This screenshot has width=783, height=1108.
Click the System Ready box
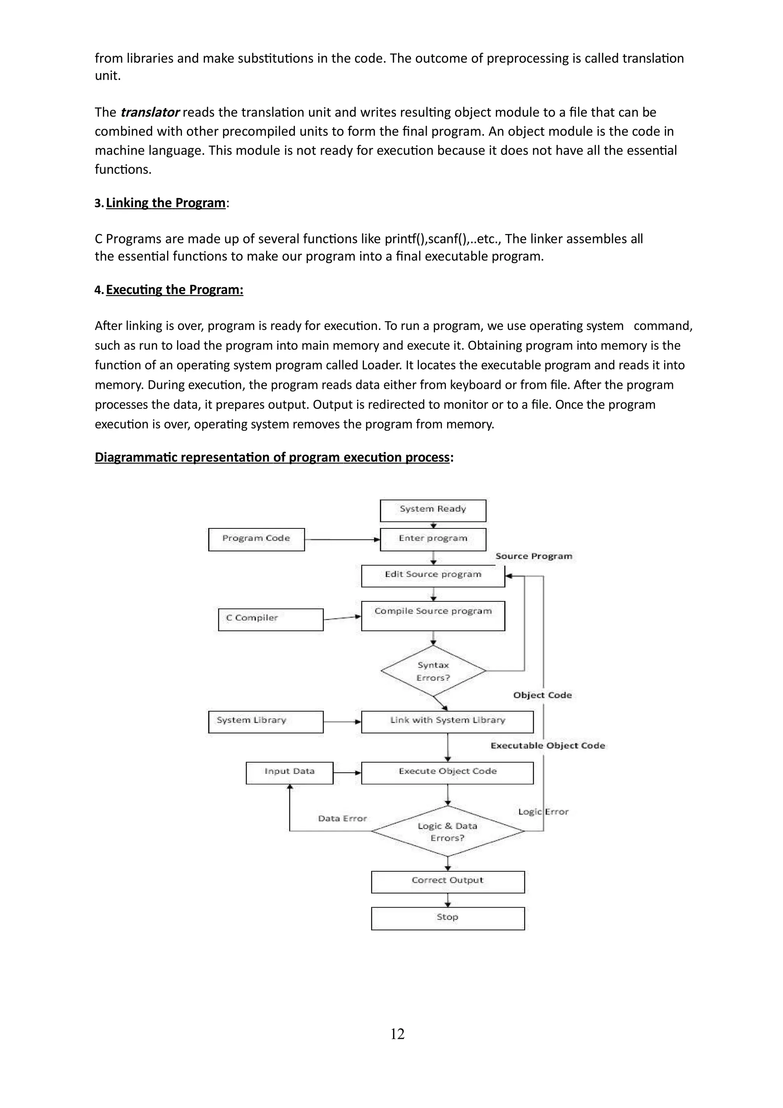click(x=433, y=510)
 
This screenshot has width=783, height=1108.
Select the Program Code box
click(x=256, y=539)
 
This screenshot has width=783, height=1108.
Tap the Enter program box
click(x=433, y=539)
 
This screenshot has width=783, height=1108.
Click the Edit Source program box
click(x=433, y=575)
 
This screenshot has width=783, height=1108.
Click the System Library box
click(x=266, y=721)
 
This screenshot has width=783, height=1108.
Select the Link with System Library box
click(x=447, y=721)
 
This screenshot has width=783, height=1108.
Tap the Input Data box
click(x=289, y=773)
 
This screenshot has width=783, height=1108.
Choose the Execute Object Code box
click(x=447, y=773)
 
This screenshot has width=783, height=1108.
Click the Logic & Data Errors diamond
click(x=447, y=831)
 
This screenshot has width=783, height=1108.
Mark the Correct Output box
click(x=447, y=882)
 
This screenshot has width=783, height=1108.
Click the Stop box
click(x=447, y=918)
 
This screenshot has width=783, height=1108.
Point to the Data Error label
click(x=343, y=819)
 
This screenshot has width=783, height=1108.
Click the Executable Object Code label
click(x=547, y=746)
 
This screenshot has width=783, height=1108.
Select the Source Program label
click(x=534, y=556)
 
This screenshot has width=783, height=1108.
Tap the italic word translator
click(x=149, y=112)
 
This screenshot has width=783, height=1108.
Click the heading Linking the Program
click(x=166, y=203)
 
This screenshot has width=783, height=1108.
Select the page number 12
click(x=397, y=1034)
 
